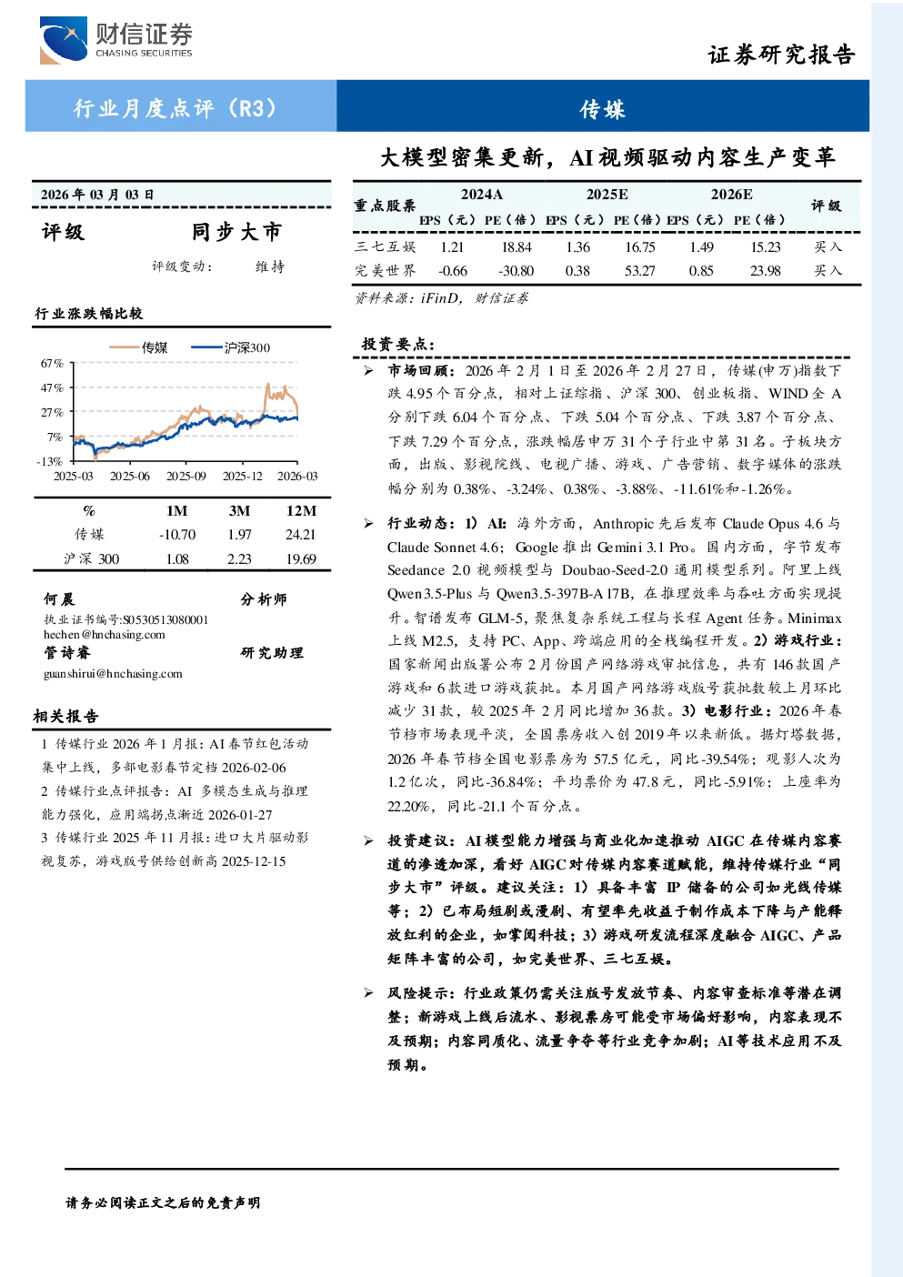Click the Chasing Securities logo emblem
point(64,40)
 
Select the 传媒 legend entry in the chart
point(138,347)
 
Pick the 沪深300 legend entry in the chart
point(230,347)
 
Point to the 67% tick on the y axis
point(52,363)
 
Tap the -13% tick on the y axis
point(50,461)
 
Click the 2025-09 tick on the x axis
point(186,476)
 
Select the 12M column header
point(301,511)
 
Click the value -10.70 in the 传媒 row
point(177,535)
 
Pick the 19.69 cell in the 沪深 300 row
point(301,559)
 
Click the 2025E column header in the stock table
point(607,195)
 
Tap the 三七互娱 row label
point(386,246)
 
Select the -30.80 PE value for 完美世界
point(516,271)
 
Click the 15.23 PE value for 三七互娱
point(765,246)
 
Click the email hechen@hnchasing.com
point(105,635)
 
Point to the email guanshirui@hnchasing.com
point(113,673)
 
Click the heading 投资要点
point(398,345)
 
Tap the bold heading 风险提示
point(421,993)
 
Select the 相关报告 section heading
point(65,716)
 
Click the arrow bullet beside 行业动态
point(369,523)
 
